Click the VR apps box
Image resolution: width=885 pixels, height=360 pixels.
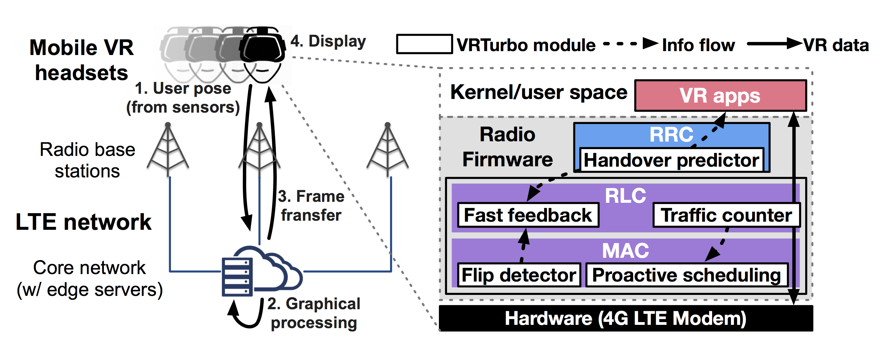720,95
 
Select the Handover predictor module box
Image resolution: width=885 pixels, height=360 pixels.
671,160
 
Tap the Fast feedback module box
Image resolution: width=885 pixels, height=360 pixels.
528,215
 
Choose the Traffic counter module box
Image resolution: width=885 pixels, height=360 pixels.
726,215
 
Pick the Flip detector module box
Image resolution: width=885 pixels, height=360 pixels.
519,275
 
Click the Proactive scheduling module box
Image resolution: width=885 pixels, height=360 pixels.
687,275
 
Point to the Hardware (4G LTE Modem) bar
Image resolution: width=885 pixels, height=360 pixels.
625,318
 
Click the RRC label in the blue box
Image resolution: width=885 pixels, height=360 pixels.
671,134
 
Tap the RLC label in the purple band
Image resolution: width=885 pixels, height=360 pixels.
625,196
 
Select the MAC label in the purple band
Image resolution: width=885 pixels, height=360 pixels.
625,250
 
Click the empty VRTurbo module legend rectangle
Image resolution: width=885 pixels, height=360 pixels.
424,44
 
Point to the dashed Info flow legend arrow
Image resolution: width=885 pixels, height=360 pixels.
631,44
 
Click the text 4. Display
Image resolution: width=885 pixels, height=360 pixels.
328,41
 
